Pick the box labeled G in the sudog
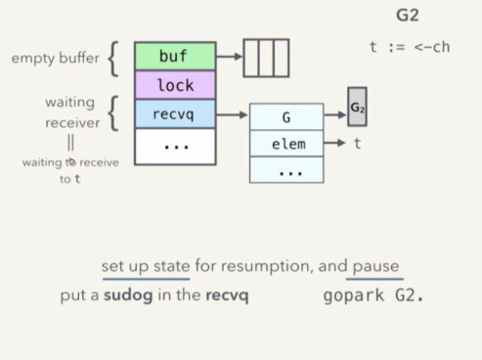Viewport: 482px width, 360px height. pos(286,116)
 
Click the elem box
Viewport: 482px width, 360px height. pos(286,144)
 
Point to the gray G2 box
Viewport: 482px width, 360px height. pos(357,107)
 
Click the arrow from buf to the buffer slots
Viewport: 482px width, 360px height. pos(229,57)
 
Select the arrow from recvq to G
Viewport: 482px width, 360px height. pos(232,114)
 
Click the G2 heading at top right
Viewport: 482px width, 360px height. pos(408,16)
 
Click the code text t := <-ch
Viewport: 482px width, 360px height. pos(409,47)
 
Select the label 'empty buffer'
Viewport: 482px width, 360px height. pos(55,59)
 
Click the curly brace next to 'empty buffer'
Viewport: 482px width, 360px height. pos(114,59)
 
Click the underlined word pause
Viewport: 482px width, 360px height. pos(375,266)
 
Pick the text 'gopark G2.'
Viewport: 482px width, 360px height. pos(373,295)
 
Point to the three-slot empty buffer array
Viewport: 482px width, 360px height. pos(266,58)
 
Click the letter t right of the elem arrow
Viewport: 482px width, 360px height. pos(358,144)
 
